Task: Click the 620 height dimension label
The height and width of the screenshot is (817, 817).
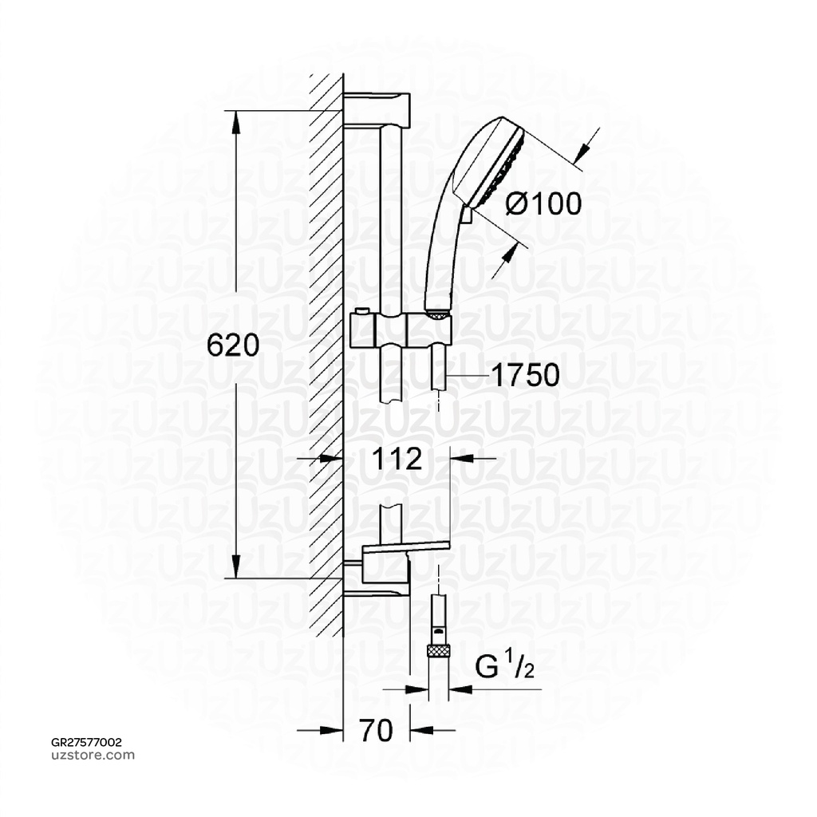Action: (x=211, y=345)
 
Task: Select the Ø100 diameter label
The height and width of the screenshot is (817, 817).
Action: (x=544, y=204)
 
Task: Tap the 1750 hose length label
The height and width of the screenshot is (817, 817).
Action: (x=524, y=375)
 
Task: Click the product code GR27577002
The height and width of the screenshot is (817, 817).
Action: (x=86, y=742)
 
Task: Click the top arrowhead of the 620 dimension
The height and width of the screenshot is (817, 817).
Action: (x=236, y=120)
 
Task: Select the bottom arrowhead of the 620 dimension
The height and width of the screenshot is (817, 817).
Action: (x=236, y=567)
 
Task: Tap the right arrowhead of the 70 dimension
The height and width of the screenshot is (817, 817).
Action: (x=420, y=730)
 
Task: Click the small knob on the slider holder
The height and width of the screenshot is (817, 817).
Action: (x=362, y=311)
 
